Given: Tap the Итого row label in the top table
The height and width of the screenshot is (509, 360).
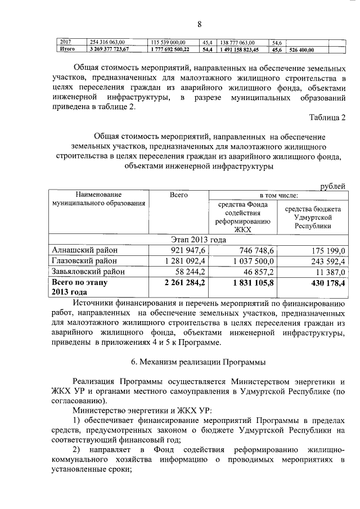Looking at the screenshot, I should tap(67, 49).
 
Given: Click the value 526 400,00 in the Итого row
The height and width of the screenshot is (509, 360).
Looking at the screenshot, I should tap(301, 49).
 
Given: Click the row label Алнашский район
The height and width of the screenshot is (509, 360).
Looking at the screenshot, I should tap(84, 250).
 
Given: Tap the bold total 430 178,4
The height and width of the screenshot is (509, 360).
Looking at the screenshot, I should tap(323, 282).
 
